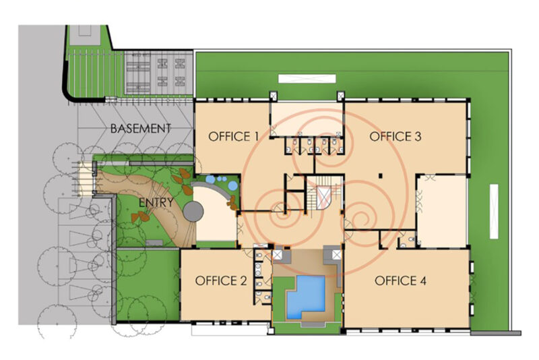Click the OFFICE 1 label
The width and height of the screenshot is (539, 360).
click(x=233, y=136)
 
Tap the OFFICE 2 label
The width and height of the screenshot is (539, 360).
click(x=221, y=281)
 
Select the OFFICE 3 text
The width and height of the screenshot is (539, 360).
click(x=395, y=136)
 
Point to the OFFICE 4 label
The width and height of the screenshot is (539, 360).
click(x=400, y=281)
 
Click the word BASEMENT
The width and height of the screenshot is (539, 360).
click(x=140, y=129)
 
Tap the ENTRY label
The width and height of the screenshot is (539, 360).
click(x=156, y=202)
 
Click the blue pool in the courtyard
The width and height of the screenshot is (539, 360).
click(x=306, y=297)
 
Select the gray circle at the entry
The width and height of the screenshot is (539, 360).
click(x=193, y=212)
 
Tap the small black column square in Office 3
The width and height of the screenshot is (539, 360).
click(x=381, y=176)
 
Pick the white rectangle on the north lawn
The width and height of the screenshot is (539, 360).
click(x=307, y=79)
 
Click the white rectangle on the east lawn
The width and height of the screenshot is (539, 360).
click(x=494, y=212)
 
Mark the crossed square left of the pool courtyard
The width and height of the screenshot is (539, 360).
click(x=277, y=255)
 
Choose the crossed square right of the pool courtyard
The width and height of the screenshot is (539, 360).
click(x=336, y=255)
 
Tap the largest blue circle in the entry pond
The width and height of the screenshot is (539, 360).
click(x=232, y=185)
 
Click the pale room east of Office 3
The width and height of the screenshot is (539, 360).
click(x=443, y=211)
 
